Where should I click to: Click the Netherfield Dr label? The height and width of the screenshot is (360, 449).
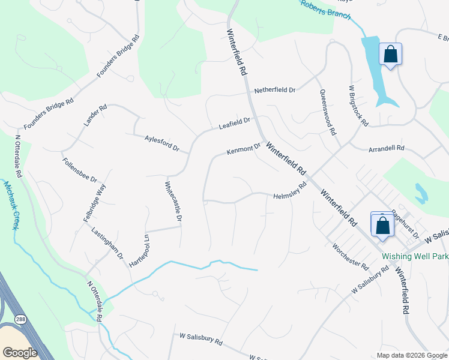275,90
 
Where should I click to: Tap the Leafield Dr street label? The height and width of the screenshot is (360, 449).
234,124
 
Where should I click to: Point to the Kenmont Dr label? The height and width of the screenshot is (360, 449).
244,148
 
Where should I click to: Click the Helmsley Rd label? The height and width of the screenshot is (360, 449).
290,192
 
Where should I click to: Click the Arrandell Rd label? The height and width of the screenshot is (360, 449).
387,148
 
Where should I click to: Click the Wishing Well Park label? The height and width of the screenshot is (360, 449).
415,256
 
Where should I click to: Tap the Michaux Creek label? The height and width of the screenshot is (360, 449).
11,204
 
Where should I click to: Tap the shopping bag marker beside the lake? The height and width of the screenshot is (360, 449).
390,55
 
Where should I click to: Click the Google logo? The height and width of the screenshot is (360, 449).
20,352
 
